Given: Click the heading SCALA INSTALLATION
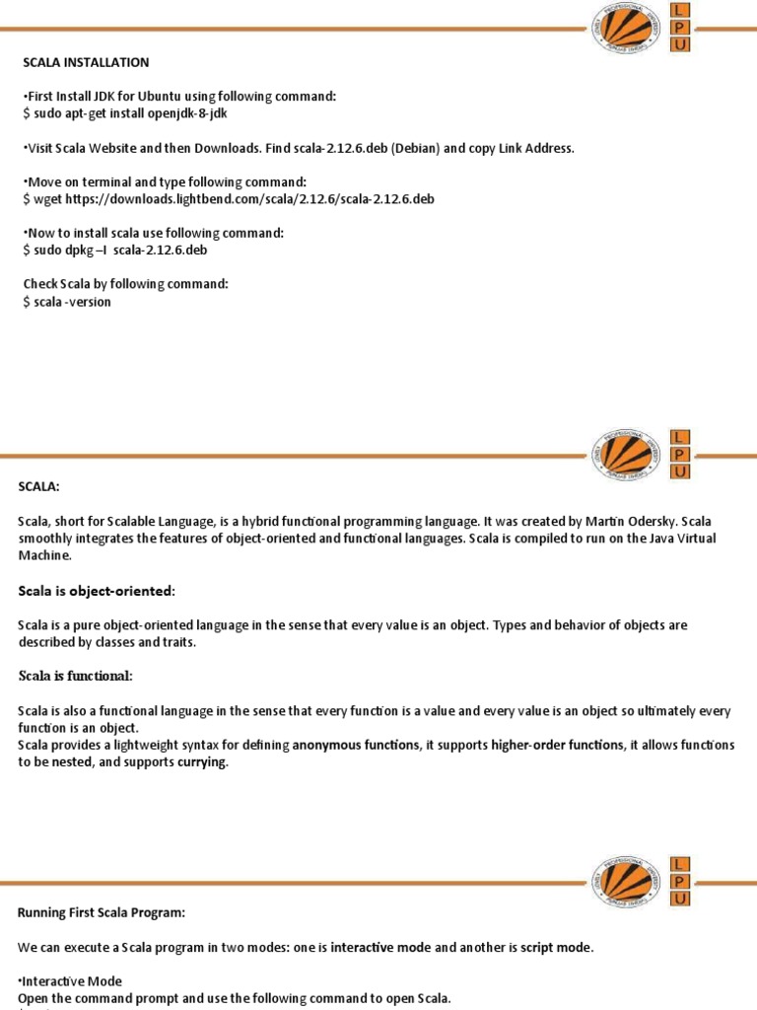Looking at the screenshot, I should point(87,62).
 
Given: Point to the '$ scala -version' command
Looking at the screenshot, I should point(67,302).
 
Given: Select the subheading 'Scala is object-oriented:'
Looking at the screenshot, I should point(96,590).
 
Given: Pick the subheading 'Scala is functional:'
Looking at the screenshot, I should point(76,676).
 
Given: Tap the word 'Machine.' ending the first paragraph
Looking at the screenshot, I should point(45,555).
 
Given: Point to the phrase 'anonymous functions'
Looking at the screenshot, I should point(355,746).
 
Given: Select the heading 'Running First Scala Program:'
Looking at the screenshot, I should point(102,912).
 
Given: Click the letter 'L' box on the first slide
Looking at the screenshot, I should point(680,10).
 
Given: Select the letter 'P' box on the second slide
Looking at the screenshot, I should point(680,454).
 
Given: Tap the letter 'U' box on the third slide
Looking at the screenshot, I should point(680,900).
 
